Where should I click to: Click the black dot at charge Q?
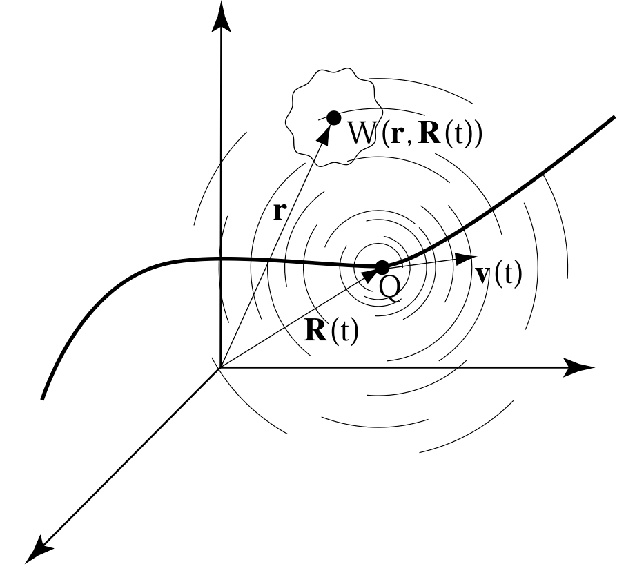382,267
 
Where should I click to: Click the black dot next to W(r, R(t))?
334,117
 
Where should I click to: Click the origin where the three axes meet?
220,367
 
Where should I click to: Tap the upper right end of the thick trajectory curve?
612,118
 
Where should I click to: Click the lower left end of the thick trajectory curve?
43,398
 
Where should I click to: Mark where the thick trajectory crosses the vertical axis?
221,259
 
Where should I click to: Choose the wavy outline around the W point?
289,124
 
